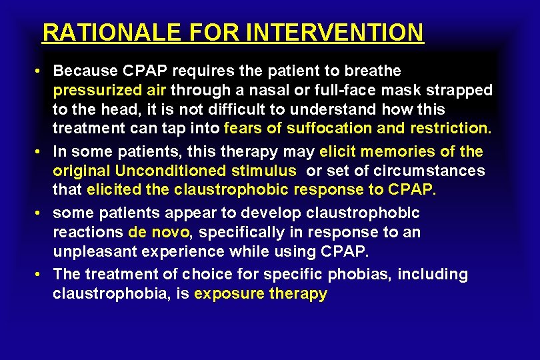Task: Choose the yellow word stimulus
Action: tap(269, 171)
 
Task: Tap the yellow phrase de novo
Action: tap(159, 233)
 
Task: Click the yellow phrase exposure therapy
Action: tap(261, 294)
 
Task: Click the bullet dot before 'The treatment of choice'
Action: tap(41, 275)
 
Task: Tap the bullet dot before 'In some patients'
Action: tap(41, 151)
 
